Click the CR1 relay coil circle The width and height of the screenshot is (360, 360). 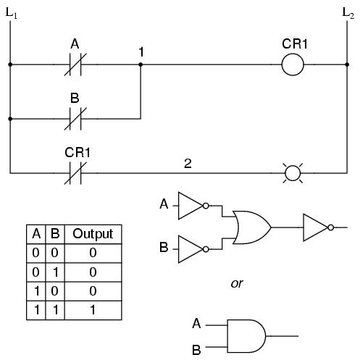293,54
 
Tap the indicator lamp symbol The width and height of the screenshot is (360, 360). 293,173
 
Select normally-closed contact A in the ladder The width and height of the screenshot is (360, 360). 75,64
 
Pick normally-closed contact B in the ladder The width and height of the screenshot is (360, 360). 75,119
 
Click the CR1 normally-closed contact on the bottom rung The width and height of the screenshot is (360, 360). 75,173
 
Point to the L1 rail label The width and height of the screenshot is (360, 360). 12,13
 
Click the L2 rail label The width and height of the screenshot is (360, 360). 348,13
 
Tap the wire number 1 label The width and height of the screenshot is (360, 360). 141,52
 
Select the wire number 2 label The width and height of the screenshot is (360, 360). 188,164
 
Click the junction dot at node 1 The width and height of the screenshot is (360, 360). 141,64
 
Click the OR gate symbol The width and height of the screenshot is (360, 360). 252,227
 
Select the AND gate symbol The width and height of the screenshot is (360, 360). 246,336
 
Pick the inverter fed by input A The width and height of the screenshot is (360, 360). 193,206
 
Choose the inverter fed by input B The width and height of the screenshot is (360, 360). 193,249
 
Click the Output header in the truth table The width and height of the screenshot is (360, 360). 93,234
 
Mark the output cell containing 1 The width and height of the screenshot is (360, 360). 93,310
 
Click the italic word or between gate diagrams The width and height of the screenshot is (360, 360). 237,283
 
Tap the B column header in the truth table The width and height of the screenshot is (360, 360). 55,233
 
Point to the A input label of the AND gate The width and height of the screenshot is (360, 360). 196,324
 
